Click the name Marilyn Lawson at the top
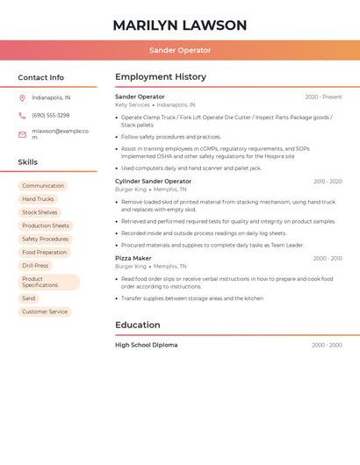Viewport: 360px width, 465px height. tap(180, 25)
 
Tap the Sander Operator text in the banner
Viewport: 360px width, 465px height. tap(180, 51)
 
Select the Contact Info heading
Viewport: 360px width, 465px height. tap(41, 77)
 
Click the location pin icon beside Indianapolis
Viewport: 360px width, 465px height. tap(22, 98)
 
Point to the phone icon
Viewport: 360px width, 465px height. tap(22, 116)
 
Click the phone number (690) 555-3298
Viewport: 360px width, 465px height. tap(51, 116)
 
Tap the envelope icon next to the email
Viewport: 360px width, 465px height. tap(22, 134)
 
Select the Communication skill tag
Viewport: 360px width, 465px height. tap(43, 186)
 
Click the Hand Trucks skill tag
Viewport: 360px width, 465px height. tap(38, 199)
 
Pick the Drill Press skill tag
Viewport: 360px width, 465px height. tap(35, 265)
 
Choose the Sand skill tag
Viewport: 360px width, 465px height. tap(29, 298)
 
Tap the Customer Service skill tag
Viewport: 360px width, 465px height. tap(45, 311)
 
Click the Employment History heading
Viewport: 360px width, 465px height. tap(161, 77)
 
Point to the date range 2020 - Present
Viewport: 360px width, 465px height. tap(323, 97)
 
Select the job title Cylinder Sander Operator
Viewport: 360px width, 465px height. tap(153, 182)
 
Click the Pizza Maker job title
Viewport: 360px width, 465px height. tap(133, 259)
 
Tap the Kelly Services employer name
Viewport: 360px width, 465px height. tap(133, 104)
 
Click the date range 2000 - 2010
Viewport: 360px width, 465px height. tap(327, 259)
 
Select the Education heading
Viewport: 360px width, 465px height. tap(138, 325)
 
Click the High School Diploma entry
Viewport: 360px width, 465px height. tap(147, 345)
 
